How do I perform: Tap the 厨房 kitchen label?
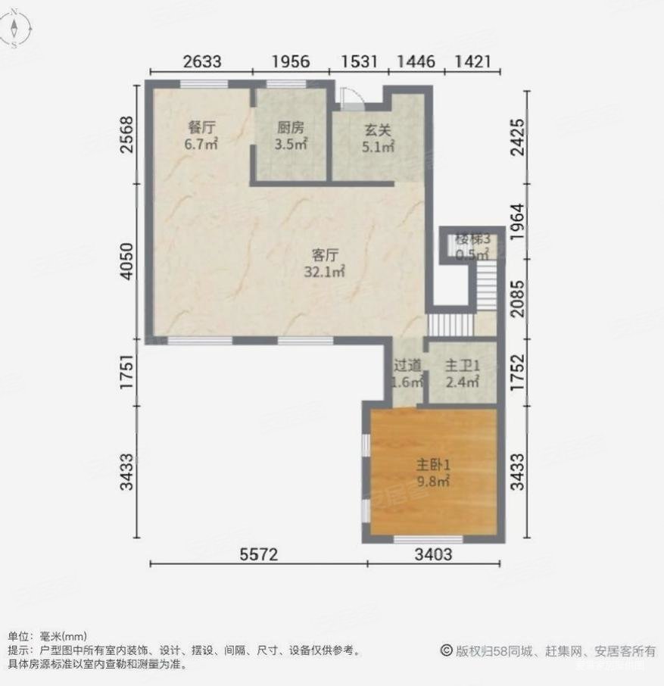point(291,127)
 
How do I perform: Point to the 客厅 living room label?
point(325,254)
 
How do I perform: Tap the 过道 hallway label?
point(407,364)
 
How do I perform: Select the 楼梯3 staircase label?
point(472,240)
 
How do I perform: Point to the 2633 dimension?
point(201,61)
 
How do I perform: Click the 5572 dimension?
point(259,555)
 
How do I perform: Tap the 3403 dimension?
point(433,555)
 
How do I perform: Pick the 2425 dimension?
point(517,137)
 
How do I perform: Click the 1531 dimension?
point(359,61)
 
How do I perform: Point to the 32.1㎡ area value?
point(325,271)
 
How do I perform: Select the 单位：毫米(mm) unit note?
point(47,636)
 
